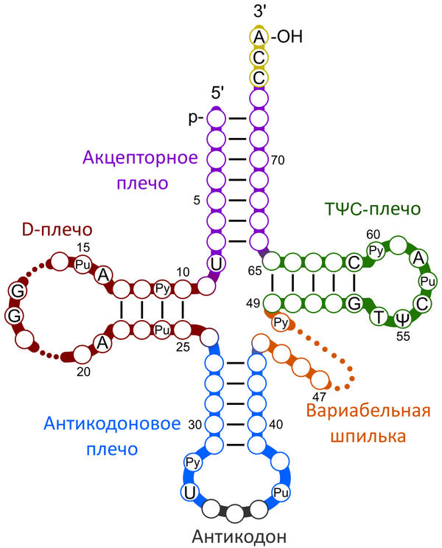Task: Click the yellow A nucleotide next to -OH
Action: [x=259, y=37]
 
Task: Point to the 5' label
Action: [x=218, y=94]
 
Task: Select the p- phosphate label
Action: [x=197, y=118]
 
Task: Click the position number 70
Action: [x=278, y=159]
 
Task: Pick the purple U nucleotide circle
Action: [x=217, y=262]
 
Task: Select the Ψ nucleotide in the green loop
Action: [x=402, y=319]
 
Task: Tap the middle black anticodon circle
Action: [x=235, y=512]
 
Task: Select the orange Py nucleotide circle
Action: [x=281, y=322]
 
